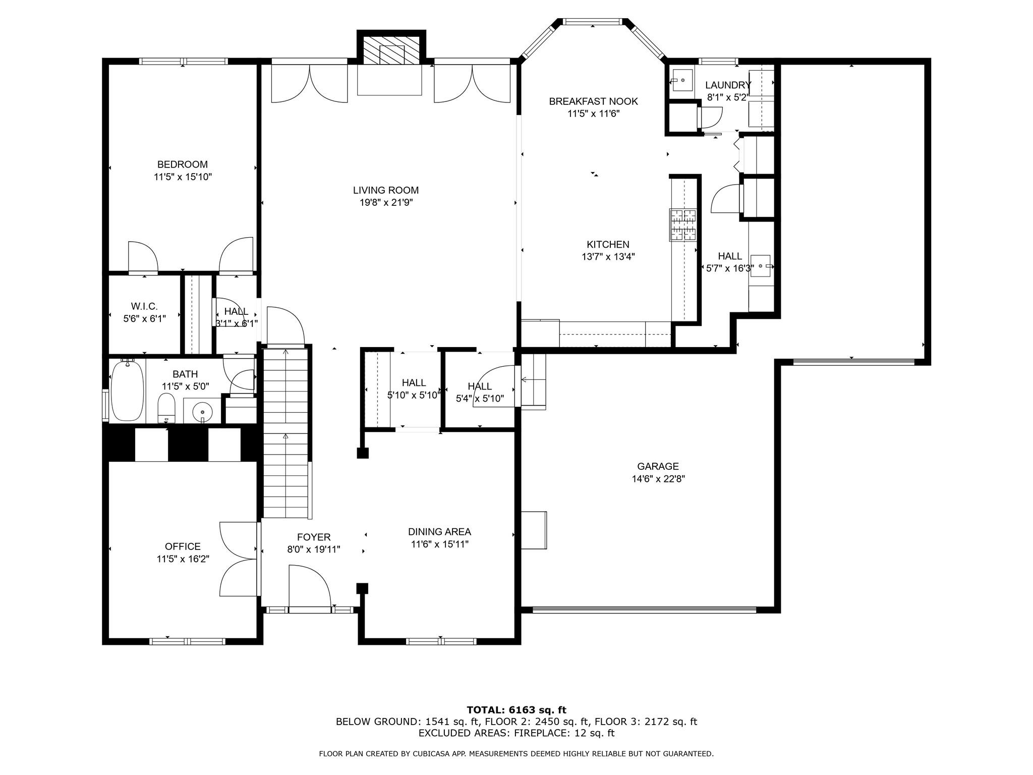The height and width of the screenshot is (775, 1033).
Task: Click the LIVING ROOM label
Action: point(385,190)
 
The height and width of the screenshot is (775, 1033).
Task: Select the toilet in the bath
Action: point(166,408)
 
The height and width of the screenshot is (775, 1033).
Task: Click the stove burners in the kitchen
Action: point(682,225)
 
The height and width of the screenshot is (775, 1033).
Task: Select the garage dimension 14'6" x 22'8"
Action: point(658,479)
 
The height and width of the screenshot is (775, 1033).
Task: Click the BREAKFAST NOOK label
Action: point(593,101)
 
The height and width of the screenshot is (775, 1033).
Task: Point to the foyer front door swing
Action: point(309,585)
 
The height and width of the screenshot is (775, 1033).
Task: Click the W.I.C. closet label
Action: point(144,306)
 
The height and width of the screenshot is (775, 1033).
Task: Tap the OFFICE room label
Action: point(183,546)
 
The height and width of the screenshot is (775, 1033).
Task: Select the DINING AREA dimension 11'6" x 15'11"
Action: point(439,544)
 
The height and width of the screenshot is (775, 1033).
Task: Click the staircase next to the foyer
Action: point(286,434)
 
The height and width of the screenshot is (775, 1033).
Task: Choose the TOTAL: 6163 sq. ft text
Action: point(516,710)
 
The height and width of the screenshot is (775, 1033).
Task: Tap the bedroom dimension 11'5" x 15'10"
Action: point(183,177)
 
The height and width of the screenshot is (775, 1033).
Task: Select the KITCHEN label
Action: point(608,244)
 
